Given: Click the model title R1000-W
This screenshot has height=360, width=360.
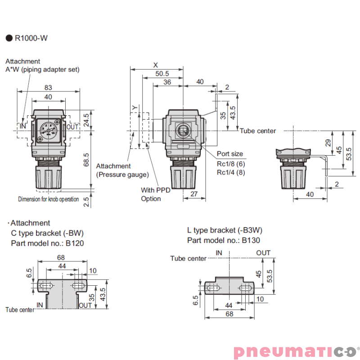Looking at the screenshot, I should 31,38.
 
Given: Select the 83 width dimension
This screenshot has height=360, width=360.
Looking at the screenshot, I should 49,88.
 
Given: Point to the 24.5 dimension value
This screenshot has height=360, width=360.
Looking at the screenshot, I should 86,120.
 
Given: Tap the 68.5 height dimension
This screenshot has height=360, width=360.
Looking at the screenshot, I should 86,160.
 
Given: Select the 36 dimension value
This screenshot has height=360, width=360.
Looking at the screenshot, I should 167,82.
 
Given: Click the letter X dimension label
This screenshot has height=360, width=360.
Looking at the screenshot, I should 156,64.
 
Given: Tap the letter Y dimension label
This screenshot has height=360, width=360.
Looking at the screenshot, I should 134,108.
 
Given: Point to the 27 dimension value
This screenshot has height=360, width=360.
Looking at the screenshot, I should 194,193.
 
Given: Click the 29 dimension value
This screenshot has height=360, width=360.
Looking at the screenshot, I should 328,143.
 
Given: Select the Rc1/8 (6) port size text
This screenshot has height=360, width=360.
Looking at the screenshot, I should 231,164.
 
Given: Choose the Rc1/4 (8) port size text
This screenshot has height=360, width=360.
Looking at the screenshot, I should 231,172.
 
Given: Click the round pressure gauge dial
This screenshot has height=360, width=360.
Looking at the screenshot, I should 49,128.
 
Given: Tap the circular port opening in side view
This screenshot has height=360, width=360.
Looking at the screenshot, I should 183,130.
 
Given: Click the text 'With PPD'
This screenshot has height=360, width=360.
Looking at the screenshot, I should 156,190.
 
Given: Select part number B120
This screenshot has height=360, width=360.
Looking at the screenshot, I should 74,243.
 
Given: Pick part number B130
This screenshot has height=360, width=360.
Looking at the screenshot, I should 251,240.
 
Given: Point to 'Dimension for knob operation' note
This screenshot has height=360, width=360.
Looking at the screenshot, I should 48,199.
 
